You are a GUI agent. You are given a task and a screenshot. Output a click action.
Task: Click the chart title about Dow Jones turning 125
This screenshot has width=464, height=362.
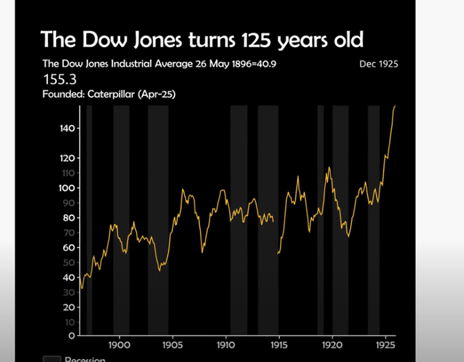202,38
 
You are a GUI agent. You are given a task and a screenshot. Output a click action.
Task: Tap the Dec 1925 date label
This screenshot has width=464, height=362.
379,65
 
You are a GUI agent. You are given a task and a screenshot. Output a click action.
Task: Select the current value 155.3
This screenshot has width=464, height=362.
59,79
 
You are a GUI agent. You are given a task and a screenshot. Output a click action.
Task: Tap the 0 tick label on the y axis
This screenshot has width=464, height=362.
72,336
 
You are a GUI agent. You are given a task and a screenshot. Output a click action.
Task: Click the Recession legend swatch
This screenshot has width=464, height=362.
51,359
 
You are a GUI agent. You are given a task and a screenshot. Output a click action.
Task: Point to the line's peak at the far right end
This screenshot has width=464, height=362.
395,106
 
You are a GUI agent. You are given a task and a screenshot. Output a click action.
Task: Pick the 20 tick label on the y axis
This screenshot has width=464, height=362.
69,306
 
